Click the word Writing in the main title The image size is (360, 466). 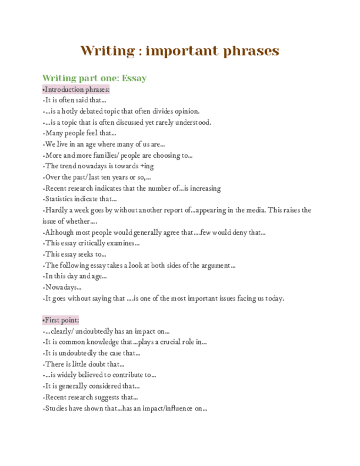pos(107,51)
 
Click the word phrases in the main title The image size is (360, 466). pos(250,51)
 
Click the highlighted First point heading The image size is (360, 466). pos(61,320)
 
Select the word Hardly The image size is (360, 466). pos(56,210)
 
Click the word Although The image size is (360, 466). pos(59,232)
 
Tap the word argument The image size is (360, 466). pos(217,265)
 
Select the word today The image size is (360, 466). pos(274,298)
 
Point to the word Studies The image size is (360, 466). pos(57,408)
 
